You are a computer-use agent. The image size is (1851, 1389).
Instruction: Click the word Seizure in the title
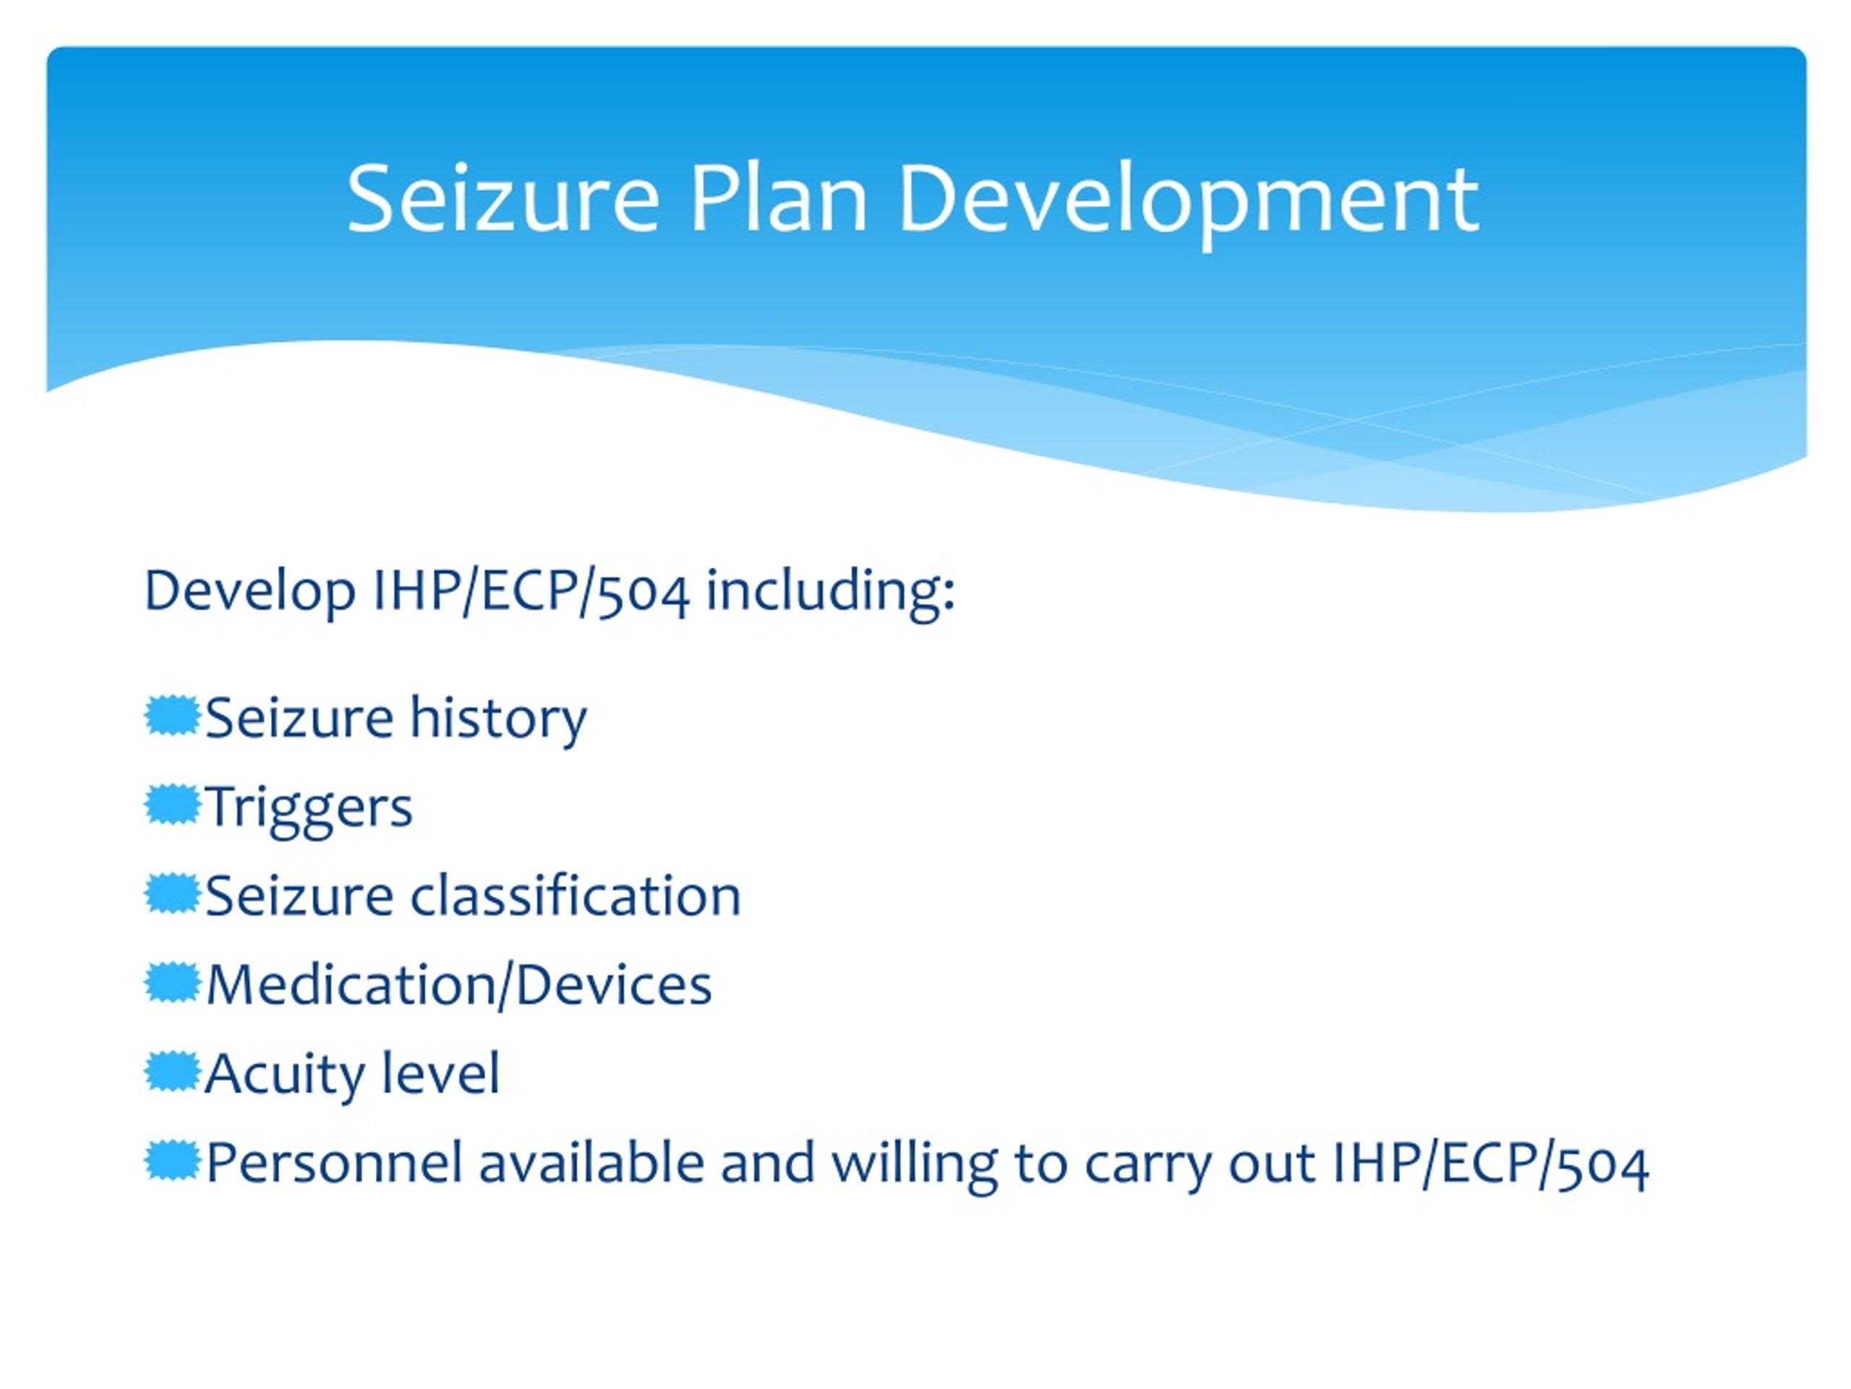coord(503,199)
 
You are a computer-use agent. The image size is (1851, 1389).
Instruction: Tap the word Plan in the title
coord(777,199)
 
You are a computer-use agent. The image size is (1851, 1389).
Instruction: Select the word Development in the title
coord(1188,199)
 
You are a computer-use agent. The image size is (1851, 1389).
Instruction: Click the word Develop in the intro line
coord(249,591)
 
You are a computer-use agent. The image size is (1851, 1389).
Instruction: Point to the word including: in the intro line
coord(830,591)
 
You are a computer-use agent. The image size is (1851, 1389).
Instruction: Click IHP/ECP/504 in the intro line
coord(531,591)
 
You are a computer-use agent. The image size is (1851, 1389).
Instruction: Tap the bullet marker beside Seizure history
coord(172,717)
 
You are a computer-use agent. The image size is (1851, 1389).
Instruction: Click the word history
coord(498,718)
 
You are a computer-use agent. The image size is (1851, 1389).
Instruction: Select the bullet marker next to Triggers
coord(172,805)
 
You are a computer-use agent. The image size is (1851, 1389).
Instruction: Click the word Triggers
coord(309,808)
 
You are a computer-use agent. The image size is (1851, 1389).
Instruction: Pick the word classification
coord(575,896)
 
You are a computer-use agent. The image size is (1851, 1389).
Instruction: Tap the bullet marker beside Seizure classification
coord(172,894)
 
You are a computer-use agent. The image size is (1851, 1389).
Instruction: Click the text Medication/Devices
coord(458,985)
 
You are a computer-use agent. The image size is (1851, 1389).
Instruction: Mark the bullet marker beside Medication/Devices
coord(172,984)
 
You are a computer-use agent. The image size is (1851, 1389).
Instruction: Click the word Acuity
coord(281,1074)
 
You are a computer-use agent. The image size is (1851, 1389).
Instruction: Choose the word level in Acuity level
coord(440,1074)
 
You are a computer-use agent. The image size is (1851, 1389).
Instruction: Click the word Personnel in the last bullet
coord(334,1163)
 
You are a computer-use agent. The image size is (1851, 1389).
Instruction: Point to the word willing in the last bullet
coord(914,1163)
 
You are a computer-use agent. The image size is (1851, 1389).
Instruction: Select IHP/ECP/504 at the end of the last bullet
coord(1489,1163)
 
